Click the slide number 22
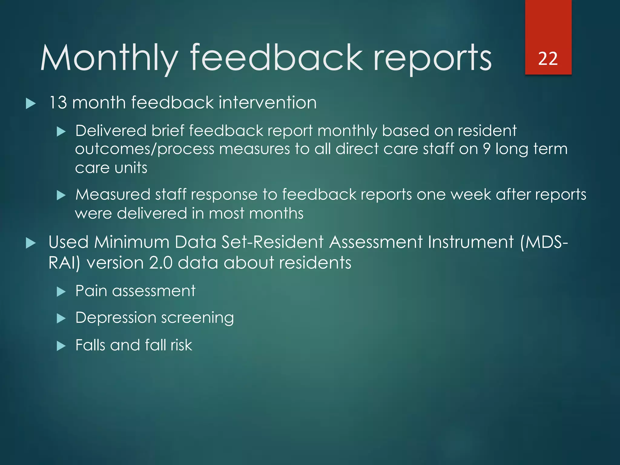548,58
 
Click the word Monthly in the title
109,58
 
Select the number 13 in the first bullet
58,103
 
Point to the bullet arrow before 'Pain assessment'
61,292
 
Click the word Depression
116,318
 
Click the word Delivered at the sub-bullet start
111,131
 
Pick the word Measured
113,195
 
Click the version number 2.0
161,262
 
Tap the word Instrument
471,242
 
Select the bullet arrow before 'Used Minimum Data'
31,243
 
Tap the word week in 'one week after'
471,195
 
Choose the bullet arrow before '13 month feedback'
31,104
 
